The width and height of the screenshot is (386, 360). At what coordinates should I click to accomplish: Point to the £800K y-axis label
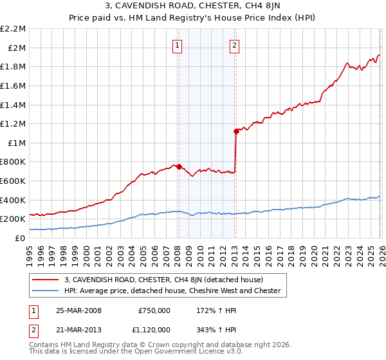14,162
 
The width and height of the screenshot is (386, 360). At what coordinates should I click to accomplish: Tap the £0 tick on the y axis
21,238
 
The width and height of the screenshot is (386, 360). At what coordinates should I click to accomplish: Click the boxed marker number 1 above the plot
177,45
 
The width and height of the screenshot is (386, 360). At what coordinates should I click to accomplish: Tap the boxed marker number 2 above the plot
234,45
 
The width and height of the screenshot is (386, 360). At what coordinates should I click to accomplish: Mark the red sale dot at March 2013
236,131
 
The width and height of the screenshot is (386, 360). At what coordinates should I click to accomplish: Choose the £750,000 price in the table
154,310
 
